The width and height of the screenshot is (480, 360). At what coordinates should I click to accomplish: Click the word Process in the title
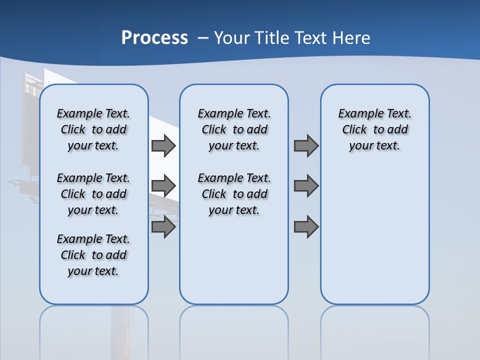point(154,38)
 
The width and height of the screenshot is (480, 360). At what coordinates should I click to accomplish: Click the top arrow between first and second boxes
point(163,145)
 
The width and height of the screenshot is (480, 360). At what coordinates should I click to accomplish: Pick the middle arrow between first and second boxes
point(163,186)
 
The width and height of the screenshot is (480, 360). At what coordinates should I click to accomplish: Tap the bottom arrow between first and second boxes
point(163,227)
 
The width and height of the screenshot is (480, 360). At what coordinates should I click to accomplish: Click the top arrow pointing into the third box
point(306,145)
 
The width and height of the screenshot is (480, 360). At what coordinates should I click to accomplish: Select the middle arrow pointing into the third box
point(306,186)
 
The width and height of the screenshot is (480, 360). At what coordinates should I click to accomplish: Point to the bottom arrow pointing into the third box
point(306,227)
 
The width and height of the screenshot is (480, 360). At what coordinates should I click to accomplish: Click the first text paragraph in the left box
point(93,129)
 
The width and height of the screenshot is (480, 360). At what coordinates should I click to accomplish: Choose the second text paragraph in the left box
point(93,194)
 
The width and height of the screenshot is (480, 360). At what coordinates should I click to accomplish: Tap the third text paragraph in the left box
point(93,255)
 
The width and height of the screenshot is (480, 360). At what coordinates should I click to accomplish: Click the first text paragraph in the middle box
point(234,129)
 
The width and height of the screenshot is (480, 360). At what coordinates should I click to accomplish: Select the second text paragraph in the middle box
point(234,194)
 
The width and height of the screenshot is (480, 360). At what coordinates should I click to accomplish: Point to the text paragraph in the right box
point(375,129)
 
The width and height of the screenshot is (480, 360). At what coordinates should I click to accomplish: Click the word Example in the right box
point(358,114)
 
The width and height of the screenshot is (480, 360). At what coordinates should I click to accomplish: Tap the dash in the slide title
point(203,38)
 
